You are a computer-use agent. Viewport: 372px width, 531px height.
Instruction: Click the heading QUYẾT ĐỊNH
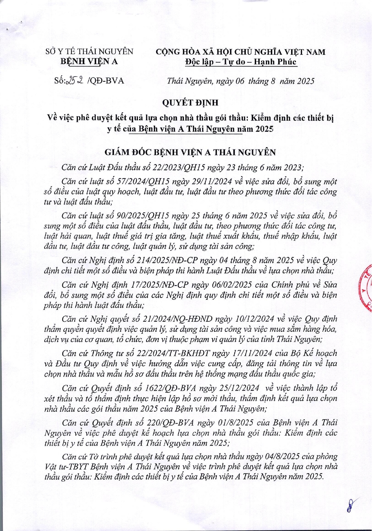[190, 103]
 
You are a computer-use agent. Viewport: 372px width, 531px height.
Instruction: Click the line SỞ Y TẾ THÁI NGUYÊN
[89, 51]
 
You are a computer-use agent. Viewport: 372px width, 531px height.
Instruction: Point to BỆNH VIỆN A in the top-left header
[89, 61]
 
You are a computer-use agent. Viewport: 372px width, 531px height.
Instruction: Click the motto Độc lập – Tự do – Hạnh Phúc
[241, 62]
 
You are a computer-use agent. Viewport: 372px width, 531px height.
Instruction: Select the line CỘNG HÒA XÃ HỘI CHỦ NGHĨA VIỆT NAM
[241, 52]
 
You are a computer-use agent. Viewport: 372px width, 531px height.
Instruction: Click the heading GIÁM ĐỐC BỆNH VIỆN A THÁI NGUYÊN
[190, 152]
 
